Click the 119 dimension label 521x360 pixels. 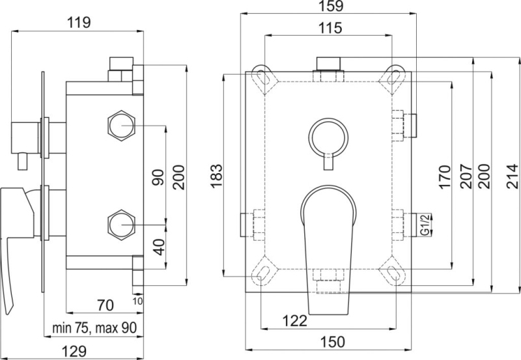tap(79, 23)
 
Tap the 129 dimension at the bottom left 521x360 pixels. tap(74, 351)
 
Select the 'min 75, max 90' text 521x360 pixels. tap(94, 328)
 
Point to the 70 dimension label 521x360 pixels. tap(105, 305)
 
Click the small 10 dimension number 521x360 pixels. tap(138, 301)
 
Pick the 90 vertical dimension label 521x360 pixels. tap(158, 177)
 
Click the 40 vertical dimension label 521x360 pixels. tap(160, 247)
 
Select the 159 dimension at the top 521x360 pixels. tap(331, 7)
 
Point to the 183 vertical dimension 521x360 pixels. tap(217, 176)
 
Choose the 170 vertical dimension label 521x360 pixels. tap(445, 177)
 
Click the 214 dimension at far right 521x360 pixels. tap(512, 176)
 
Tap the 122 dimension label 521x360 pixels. tap(295, 321)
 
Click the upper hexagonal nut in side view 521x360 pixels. tap(122, 126)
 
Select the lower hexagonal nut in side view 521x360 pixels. tap(122, 225)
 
